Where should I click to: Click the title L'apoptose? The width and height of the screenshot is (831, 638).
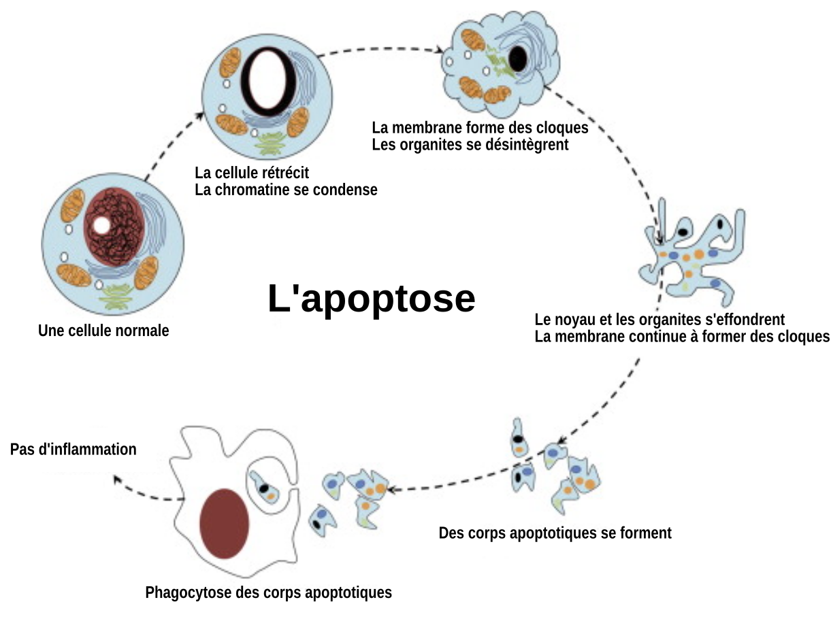point(371,299)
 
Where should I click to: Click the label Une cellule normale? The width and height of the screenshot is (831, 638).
point(103,331)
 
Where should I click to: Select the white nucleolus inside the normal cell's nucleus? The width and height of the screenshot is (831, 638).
point(101,225)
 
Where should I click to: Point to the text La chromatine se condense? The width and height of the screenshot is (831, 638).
point(286,190)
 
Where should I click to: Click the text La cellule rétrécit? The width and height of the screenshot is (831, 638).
point(252,173)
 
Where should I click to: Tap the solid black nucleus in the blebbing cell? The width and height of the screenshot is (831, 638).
point(517,59)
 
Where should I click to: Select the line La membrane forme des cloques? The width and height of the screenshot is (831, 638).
point(480,127)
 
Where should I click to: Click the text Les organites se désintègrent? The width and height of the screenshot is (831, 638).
point(470,144)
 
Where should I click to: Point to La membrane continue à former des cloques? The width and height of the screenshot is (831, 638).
point(682,337)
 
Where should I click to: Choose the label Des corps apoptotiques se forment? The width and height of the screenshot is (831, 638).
point(555,533)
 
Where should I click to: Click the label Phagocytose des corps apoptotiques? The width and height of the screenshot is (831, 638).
point(268,592)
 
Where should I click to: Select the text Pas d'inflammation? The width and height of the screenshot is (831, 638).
point(74,450)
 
